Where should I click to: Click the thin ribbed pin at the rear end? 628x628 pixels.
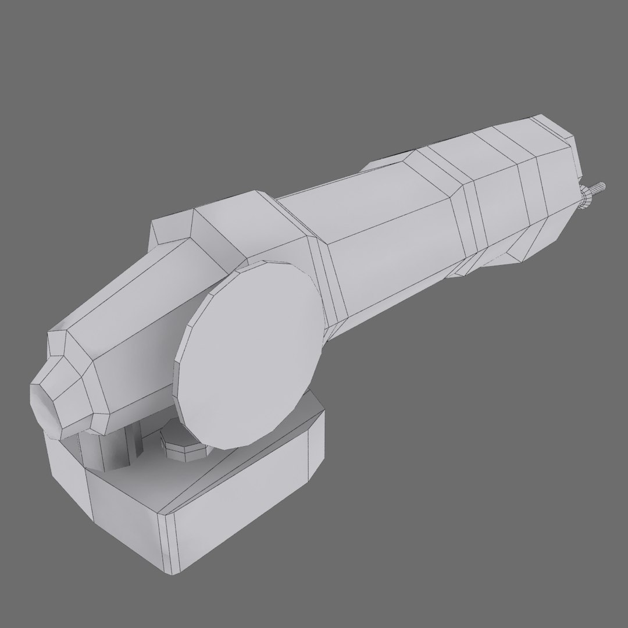click(x=598, y=189)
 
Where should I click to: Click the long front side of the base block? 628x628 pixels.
click(x=233, y=523)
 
